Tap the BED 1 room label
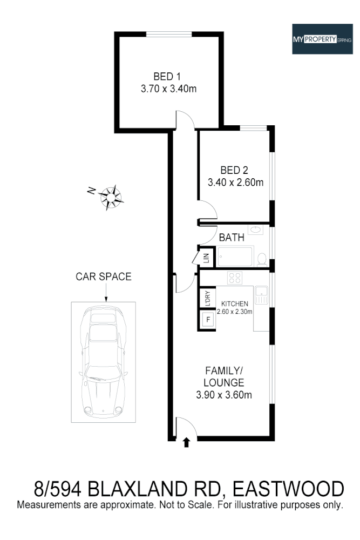click(168, 77)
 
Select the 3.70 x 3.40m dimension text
click(168, 89)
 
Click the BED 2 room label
click(235, 169)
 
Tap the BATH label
click(232, 237)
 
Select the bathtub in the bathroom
click(235, 257)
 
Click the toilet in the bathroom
click(262, 258)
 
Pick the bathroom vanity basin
click(256, 232)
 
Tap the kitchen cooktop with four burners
click(234, 278)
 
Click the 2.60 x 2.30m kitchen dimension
click(234, 312)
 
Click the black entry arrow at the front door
click(187, 443)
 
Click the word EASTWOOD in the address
click(289, 489)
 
